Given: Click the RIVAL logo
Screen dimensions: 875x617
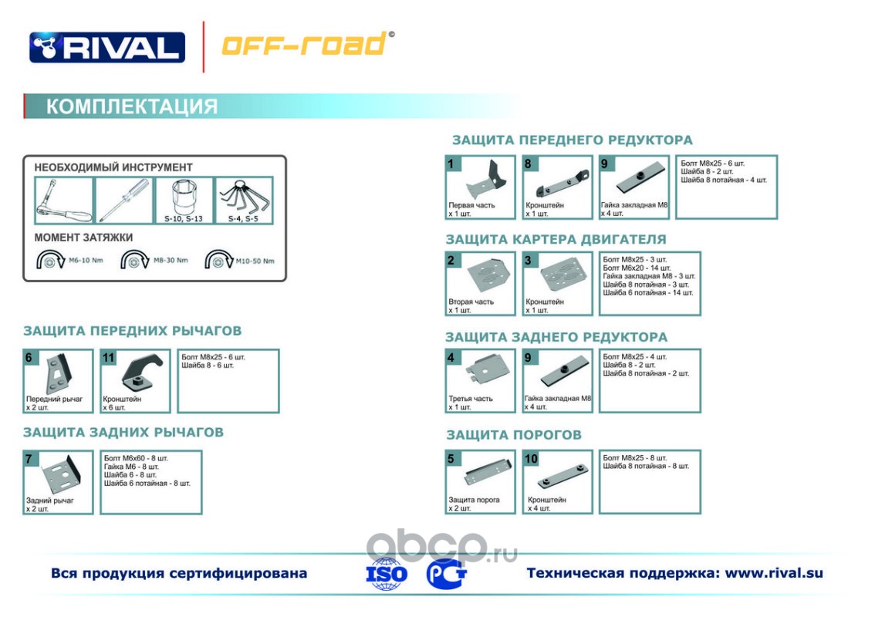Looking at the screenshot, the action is click(x=107, y=47).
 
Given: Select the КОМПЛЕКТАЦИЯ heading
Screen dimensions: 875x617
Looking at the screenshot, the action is click(x=132, y=106).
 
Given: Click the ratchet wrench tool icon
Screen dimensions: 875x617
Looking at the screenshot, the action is click(x=63, y=201).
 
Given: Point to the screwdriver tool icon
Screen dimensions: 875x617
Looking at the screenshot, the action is click(x=123, y=201).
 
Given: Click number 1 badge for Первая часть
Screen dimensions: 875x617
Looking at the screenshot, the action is click(x=451, y=164).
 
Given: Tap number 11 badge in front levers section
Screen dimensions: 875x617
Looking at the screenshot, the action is click(x=108, y=358).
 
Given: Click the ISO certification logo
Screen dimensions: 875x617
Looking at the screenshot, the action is click(x=387, y=574).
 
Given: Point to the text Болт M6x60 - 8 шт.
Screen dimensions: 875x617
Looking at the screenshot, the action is click(x=135, y=458).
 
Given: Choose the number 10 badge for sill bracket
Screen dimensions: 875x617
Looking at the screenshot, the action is click(x=531, y=459).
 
